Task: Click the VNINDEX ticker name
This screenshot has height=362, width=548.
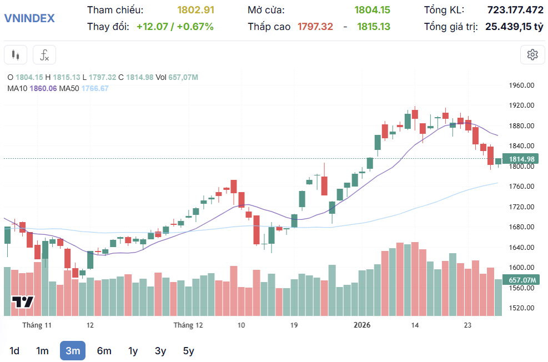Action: [29, 18]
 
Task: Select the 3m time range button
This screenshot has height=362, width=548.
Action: [73, 350]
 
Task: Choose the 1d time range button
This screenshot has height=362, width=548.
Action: [14, 350]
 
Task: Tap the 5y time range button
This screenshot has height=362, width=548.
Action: [189, 350]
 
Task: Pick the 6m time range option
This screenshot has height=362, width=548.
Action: [104, 350]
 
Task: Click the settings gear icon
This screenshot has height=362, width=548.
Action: [532, 54]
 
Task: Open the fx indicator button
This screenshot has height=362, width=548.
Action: [44, 55]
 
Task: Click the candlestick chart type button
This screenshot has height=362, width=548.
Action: [16, 55]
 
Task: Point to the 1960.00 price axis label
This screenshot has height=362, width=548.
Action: [521, 86]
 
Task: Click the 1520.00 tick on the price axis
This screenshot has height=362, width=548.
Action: [521, 308]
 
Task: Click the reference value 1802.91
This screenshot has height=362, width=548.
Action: [195, 10]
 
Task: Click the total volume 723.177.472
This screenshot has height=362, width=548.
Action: [515, 10]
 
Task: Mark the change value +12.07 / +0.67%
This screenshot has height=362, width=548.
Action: [175, 27]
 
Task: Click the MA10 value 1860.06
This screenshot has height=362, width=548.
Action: [45, 88]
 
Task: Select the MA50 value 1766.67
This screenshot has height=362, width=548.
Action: [95, 88]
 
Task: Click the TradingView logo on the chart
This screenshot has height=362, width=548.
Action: [23, 302]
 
